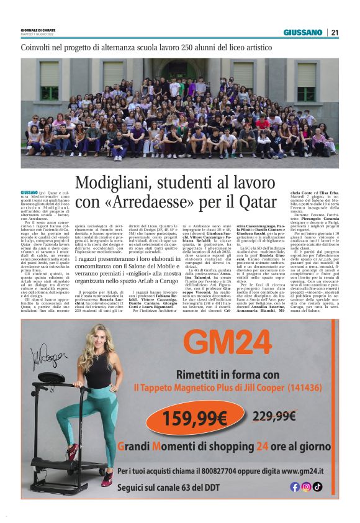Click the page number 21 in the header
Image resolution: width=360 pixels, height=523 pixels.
(x=335, y=32)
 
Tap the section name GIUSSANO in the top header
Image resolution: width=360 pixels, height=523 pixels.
(x=303, y=32)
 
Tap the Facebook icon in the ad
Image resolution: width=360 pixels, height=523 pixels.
(x=295, y=487)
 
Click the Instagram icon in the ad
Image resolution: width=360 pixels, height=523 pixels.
(x=306, y=487)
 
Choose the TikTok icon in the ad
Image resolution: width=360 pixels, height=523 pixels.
(x=317, y=487)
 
